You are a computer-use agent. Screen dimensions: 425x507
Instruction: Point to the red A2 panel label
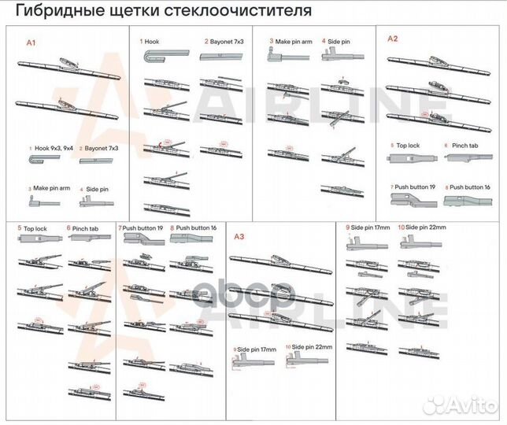[391, 39]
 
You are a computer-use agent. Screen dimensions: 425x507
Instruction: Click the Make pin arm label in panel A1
[51, 189]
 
